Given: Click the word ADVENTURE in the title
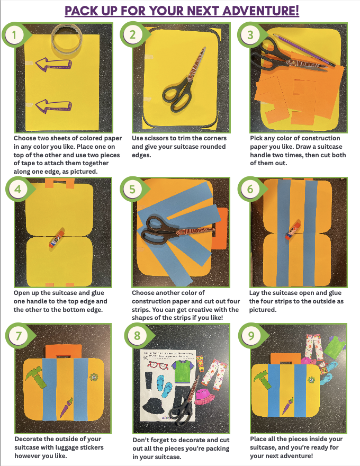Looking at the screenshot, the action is point(260,11).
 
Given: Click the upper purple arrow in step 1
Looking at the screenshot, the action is point(53,65).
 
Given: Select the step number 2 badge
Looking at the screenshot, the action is point(132,34).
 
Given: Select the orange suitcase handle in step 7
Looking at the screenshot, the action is point(64,352).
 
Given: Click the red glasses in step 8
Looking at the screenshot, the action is point(158,365).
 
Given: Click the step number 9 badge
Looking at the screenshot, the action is point(251,336).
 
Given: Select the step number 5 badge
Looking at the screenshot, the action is point(132,189).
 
